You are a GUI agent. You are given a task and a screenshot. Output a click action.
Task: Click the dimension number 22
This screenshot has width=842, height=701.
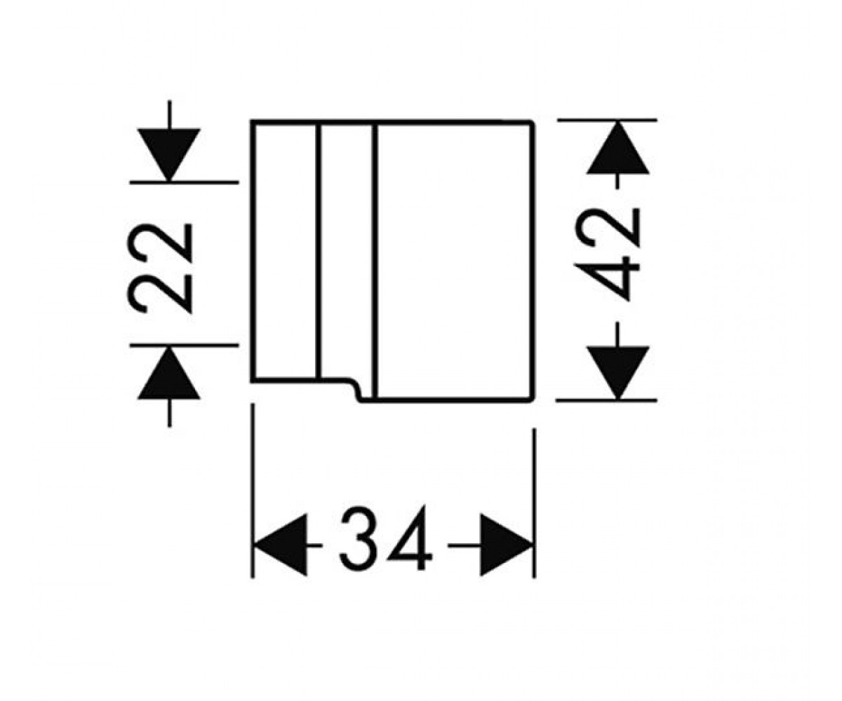(x=159, y=268)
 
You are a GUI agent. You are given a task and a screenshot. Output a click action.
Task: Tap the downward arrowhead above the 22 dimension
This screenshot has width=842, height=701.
(x=169, y=155)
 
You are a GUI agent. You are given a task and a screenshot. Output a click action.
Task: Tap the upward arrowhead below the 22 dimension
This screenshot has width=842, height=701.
(x=169, y=373)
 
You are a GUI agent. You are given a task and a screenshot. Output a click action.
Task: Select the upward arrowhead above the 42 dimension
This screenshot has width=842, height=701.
(x=617, y=148)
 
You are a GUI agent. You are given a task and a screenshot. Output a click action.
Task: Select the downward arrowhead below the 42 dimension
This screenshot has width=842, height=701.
(x=617, y=373)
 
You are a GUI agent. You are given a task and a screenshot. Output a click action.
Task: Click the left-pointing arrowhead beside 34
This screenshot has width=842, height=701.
(x=280, y=545)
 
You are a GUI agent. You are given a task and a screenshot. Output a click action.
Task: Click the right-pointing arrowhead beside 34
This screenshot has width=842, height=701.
(x=507, y=545)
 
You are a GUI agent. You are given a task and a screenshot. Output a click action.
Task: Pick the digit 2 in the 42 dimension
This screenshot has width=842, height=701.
(x=608, y=228)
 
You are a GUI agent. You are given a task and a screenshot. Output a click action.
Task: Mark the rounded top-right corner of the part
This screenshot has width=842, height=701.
(x=533, y=123)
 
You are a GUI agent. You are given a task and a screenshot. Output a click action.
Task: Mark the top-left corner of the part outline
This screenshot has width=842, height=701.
(x=252, y=121)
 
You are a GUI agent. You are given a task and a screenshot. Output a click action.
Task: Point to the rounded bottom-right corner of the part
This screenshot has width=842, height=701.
(x=533, y=399)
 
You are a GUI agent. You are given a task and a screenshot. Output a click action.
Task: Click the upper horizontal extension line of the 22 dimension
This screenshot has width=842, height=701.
(x=185, y=182)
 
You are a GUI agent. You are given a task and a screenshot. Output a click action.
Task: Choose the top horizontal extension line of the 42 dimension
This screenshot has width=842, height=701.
(x=608, y=120)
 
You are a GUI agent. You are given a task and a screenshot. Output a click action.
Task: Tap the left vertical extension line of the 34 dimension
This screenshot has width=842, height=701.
(x=253, y=491)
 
